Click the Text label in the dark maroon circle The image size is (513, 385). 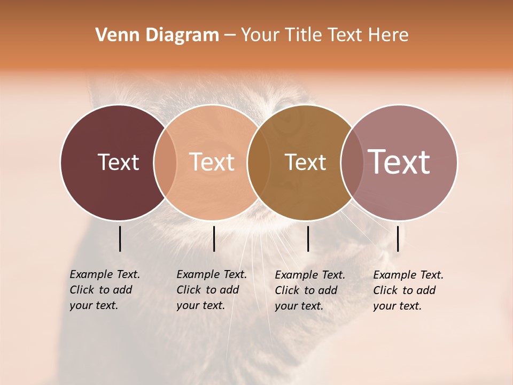[118, 162]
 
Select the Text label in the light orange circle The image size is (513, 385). [212, 162]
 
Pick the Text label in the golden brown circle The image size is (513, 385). [305, 163]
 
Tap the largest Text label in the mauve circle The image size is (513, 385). [399, 161]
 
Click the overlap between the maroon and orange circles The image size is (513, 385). [165, 163]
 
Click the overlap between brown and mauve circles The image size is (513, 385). [351, 163]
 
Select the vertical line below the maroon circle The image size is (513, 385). [120, 238]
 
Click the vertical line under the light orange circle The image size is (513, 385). [214, 238]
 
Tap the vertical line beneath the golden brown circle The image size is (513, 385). [308, 238]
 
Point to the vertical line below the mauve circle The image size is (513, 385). [398, 238]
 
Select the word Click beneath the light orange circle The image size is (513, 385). [188, 290]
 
